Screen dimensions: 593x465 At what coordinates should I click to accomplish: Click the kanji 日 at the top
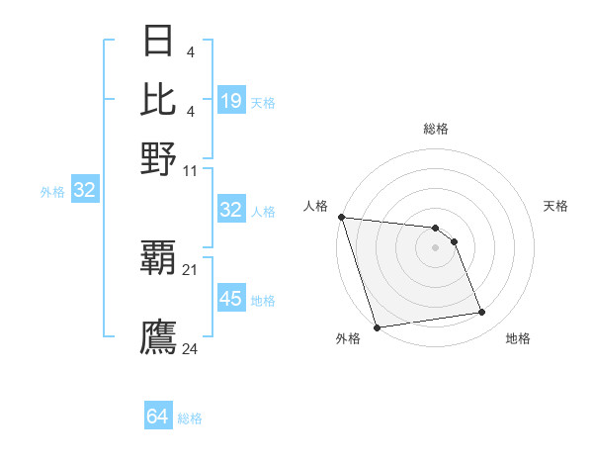(x=159, y=43)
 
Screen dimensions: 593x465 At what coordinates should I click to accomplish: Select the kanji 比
(x=159, y=100)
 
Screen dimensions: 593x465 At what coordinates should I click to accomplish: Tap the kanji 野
(x=159, y=157)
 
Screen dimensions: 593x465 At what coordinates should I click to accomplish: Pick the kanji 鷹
(x=159, y=337)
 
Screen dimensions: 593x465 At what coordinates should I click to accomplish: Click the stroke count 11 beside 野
(x=191, y=170)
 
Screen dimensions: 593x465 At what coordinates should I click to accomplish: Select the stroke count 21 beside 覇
(x=191, y=269)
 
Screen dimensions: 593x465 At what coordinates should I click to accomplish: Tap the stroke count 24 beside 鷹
(x=191, y=348)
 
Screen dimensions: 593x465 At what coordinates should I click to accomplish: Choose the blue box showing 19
(x=230, y=101)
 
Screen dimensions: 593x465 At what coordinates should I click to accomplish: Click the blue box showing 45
(x=230, y=299)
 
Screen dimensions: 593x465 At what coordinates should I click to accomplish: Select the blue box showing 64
(x=158, y=418)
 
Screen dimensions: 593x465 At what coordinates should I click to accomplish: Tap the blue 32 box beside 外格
(x=84, y=191)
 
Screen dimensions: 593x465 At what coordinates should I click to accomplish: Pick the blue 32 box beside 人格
(x=230, y=210)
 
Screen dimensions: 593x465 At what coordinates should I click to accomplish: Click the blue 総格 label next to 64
(x=190, y=418)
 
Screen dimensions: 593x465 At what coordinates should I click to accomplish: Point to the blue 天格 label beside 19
(x=263, y=102)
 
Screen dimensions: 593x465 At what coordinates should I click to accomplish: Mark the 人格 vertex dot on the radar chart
(x=341, y=217)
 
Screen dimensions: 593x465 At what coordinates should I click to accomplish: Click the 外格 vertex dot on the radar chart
(x=377, y=326)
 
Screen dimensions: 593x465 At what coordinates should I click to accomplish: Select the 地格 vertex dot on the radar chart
(x=482, y=313)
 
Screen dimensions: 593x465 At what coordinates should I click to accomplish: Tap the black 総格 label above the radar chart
(x=435, y=129)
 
